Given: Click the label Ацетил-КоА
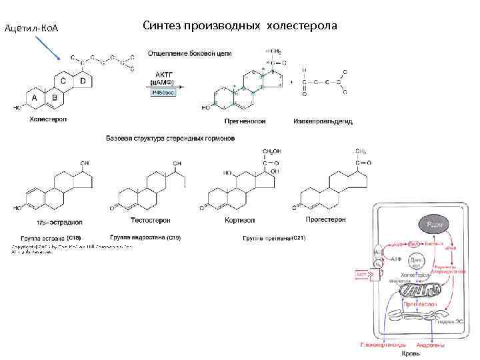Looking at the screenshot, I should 32,29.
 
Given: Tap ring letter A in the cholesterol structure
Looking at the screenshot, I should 35,97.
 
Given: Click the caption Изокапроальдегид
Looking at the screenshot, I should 323,121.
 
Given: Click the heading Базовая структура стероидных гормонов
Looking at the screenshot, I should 170,138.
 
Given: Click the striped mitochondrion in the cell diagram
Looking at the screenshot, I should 421,288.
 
